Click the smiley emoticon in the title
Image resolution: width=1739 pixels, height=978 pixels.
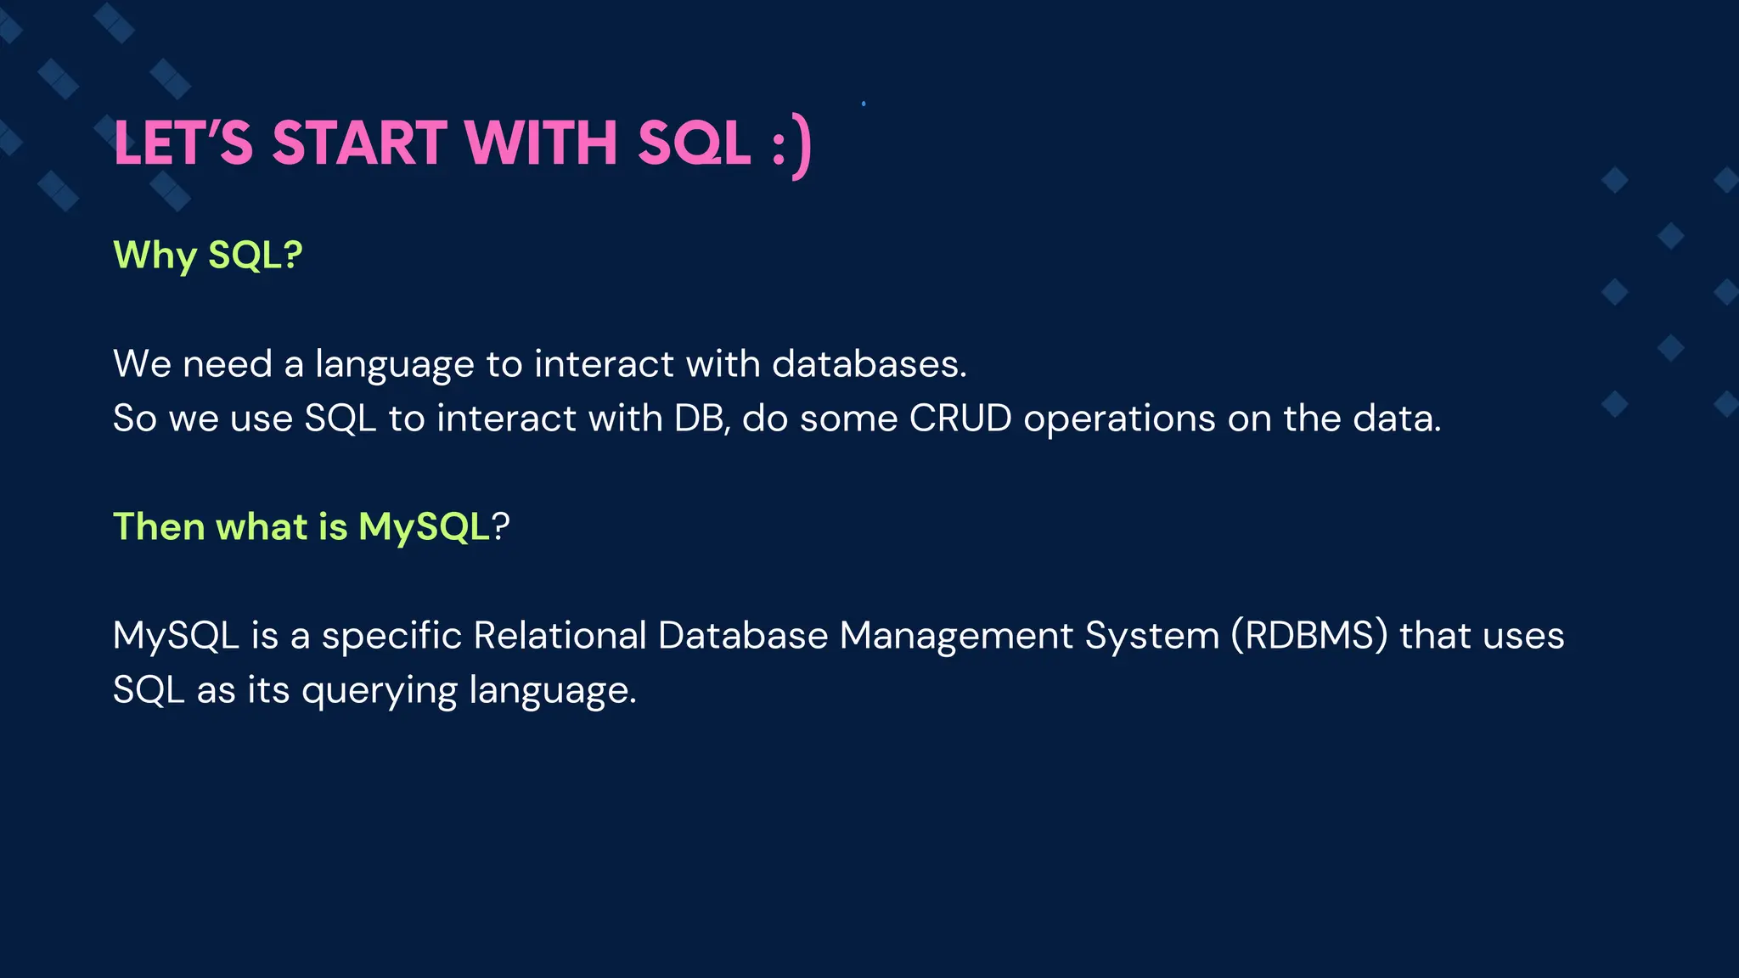tap(792, 146)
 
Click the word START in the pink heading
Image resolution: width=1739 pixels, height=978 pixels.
tap(358, 143)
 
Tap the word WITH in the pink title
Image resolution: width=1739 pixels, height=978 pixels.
tap(541, 143)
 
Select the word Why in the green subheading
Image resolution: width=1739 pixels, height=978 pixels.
tap(154, 256)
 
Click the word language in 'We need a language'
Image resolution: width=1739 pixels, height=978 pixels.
tap(394, 365)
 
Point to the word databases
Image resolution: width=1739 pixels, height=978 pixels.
tap(869, 363)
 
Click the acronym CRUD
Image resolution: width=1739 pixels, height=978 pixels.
tap(960, 418)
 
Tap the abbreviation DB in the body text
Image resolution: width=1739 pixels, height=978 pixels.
tap(701, 418)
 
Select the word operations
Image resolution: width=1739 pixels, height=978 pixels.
tap(1119, 419)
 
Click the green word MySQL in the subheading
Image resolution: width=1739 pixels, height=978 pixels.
tap(424, 527)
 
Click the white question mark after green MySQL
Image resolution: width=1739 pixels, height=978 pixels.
tap(501, 526)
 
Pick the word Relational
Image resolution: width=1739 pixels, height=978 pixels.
tap(560, 635)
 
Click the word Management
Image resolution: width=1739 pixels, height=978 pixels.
tap(956, 637)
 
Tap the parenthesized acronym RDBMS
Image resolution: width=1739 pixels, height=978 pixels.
tap(1309, 636)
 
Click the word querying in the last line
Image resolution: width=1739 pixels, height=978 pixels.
tap(380, 691)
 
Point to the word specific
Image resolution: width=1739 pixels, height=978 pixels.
tap(391, 637)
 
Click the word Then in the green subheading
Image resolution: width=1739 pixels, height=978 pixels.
tap(159, 526)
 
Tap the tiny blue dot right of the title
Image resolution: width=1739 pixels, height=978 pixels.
tap(864, 104)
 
